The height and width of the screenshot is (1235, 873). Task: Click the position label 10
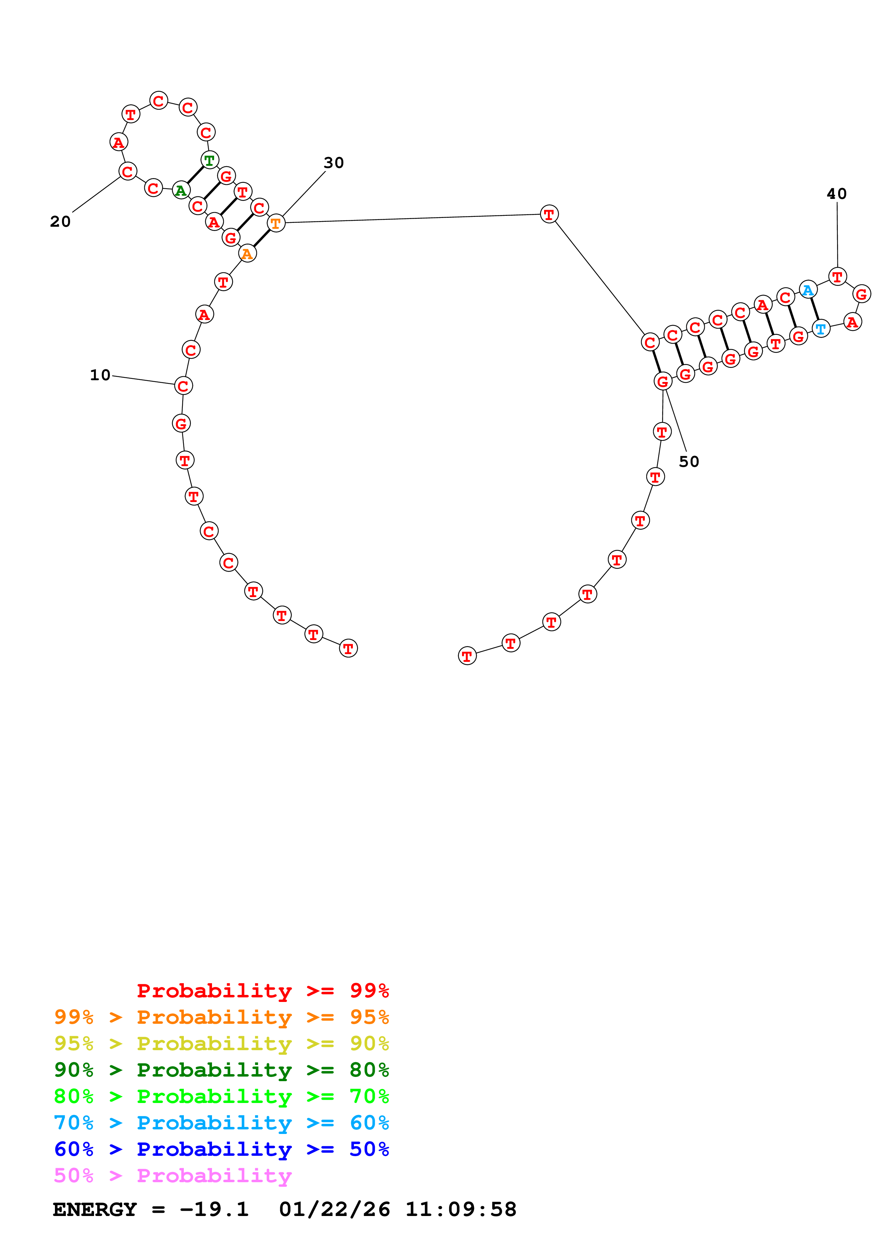tap(100, 375)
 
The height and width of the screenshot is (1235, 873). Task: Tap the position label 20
tap(60, 221)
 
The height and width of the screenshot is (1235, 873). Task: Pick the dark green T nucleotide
tap(209, 160)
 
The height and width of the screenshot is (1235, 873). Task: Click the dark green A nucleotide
tap(181, 190)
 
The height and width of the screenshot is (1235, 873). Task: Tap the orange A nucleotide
tap(247, 254)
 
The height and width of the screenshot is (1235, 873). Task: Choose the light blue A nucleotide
tap(807, 290)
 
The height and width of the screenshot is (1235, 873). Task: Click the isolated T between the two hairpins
tap(549, 214)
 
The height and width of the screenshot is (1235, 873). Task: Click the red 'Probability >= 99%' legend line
tap(262, 990)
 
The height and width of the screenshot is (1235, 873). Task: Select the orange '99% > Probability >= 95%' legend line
tap(221, 1017)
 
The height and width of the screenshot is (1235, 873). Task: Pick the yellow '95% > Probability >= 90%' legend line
tap(221, 1043)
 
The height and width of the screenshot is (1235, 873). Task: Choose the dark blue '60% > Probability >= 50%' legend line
tap(221, 1149)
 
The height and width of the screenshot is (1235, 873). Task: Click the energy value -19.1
tap(214, 1209)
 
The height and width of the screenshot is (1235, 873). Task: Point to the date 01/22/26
tap(334, 1209)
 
